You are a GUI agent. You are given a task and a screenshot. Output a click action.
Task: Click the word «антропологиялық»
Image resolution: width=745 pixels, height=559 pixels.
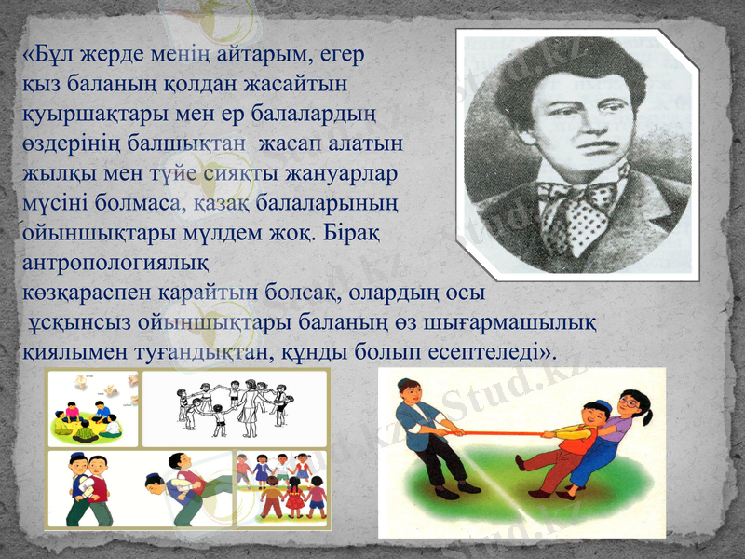tap(115, 263)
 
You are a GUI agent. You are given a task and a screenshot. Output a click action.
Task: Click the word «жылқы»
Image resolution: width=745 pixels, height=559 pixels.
tap(51, 174)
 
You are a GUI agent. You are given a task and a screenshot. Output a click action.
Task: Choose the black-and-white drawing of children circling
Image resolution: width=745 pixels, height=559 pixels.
tap(235, 407)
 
